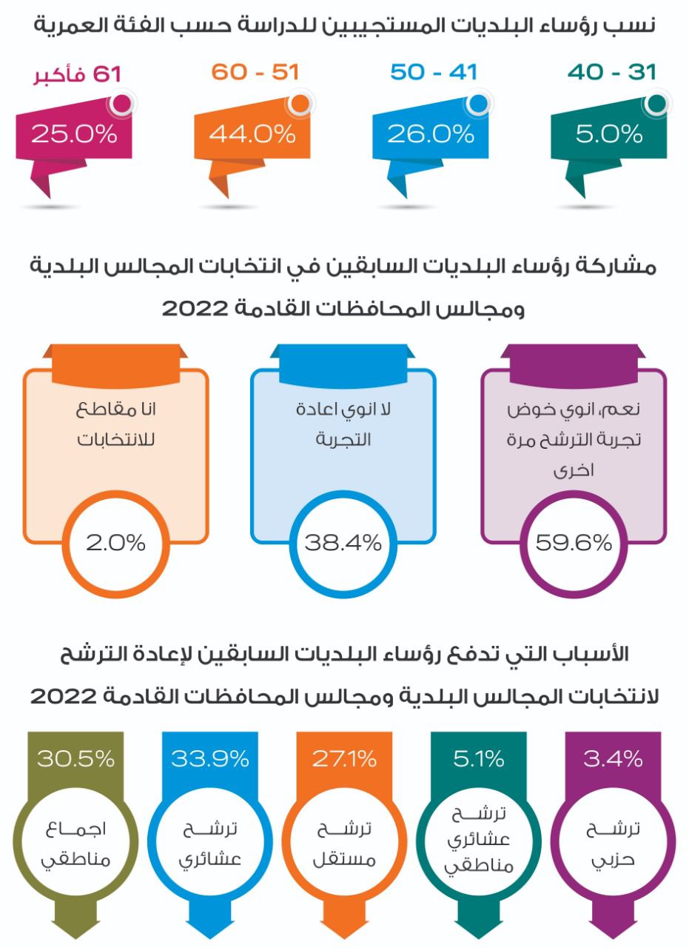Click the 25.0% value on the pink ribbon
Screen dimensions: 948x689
pos(74,135)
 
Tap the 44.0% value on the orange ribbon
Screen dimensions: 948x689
pos(252,135)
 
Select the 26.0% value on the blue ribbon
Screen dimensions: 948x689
pos(430,135)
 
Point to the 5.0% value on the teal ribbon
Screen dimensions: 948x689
pos(608,135)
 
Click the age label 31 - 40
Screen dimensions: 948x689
pos(612,73)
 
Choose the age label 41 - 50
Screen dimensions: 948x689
pos(434,73)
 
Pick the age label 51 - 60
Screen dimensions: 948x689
pos(255,73)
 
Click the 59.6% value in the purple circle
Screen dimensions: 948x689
pos(574,543)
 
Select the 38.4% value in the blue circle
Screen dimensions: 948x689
pos(343,543)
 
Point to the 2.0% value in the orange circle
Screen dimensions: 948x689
pos(115,543)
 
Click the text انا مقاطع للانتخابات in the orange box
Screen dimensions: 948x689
pos(115,424)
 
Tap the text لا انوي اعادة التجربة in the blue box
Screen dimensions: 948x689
pos(343,424)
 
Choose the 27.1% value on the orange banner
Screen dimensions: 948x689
pos(344,759)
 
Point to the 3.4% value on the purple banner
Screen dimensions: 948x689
pos(613,759)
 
